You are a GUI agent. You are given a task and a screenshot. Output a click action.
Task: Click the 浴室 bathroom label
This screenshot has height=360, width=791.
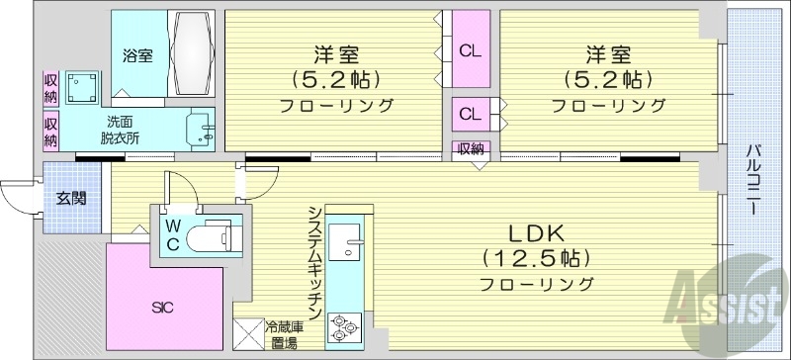tap(137, 56)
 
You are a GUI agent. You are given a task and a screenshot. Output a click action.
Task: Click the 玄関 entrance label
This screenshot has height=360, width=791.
tap(71, 198)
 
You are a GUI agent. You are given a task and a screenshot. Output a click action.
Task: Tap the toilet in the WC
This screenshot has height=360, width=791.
tap(213, 237)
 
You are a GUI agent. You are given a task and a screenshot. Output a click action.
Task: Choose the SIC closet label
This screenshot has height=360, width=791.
tap(163, 308)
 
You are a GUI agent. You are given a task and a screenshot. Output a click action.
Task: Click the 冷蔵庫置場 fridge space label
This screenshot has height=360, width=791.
tap(284, 333)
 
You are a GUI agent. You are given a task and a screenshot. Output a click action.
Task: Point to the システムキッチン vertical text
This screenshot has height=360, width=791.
tap(312, 261)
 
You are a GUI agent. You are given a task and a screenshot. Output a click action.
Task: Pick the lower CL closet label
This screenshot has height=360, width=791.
tap(470, 114)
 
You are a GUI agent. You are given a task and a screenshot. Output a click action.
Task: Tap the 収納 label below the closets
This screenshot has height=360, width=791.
tap(471, 148)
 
